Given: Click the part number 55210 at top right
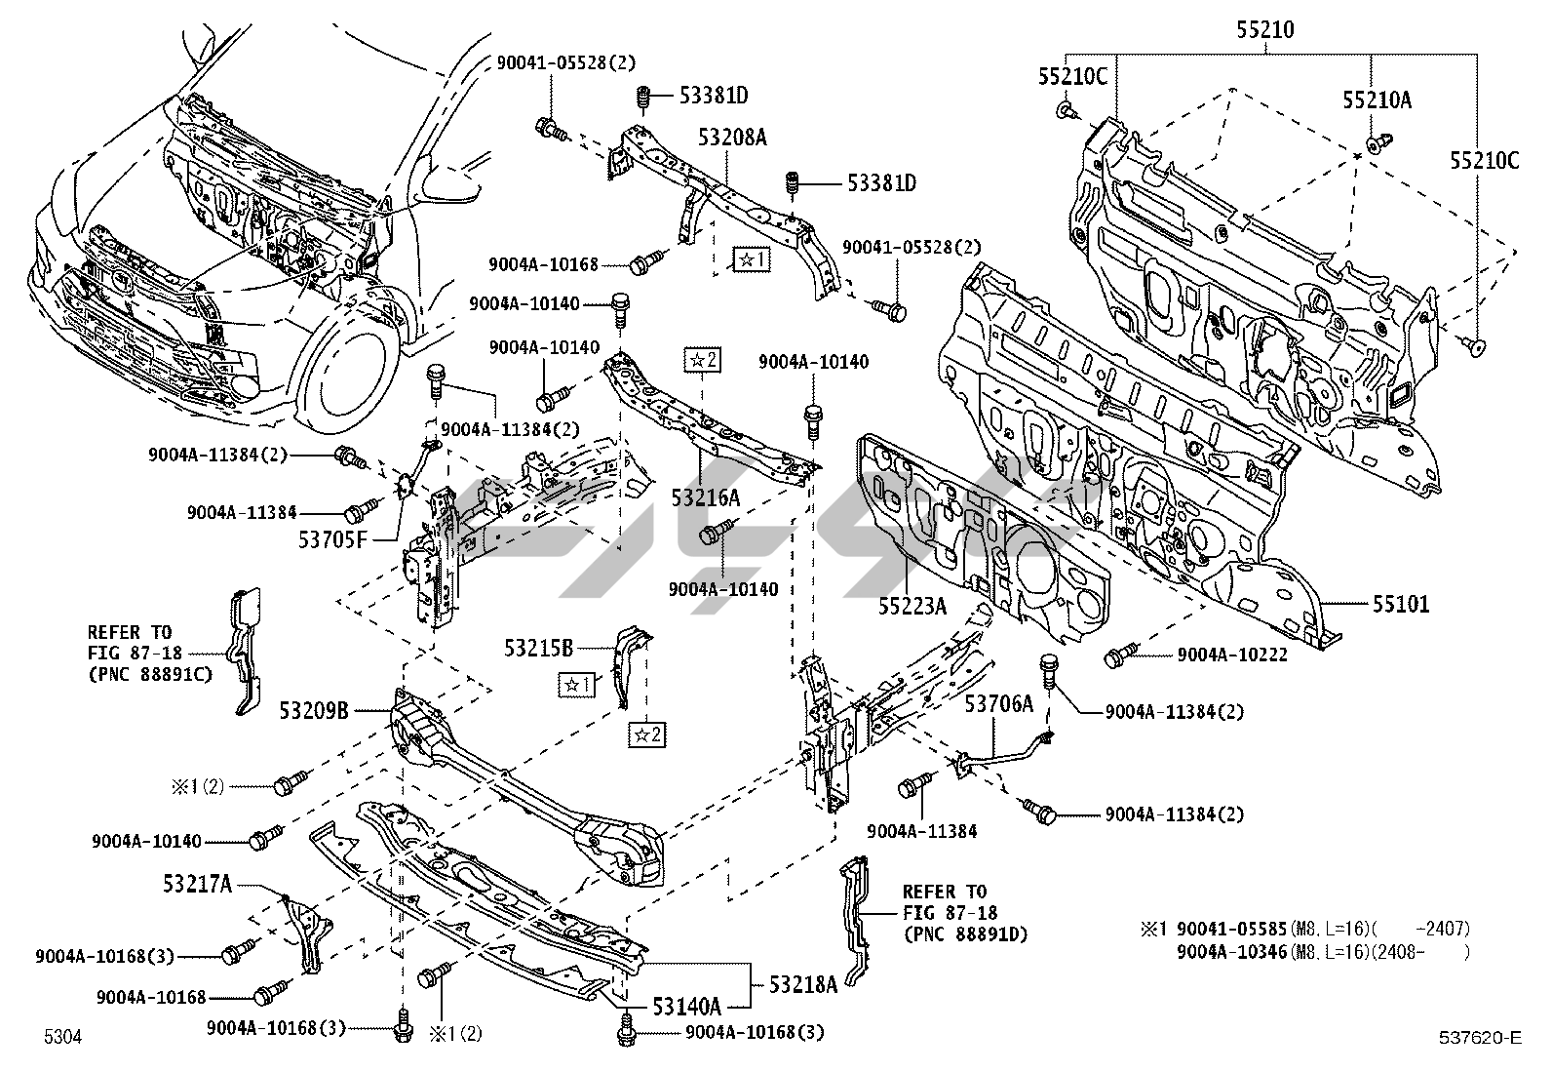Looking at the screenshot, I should [x=1265, y=30].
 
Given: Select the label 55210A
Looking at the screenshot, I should [x=1377, y=99].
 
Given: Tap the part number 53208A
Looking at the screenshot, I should [x=731, y=138].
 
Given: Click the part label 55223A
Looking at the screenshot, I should [x=912, y=607].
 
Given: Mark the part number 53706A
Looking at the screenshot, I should [x=998, y=703].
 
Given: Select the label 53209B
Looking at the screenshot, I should [x=315, y=711].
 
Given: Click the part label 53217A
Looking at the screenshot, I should [x=198, y=885].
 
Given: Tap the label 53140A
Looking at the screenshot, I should [x=686, y=1006].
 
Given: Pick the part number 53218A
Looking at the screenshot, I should [x=803, y=984].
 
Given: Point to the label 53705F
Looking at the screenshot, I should [x=332, y=537].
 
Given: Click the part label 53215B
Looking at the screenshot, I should [x=538, y=646].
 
